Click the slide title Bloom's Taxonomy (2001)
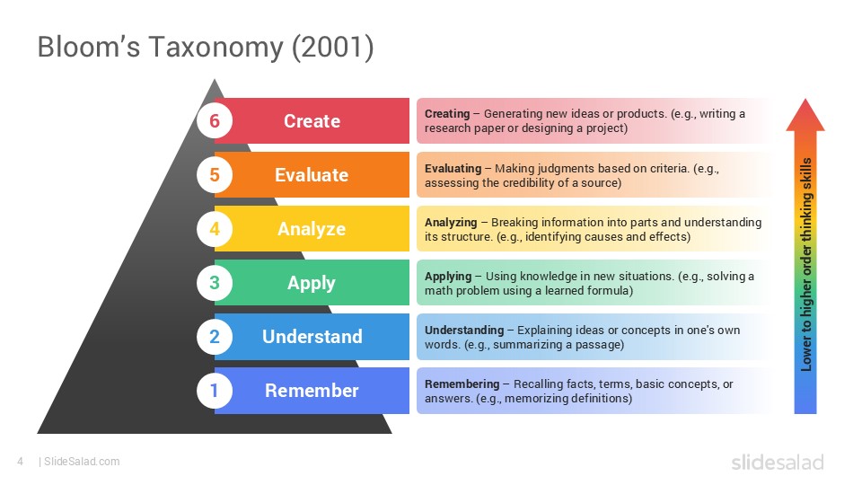[x=205, y=48]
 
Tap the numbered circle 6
[x=215, y=121]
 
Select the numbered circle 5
[x=215, y=175]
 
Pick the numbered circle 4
[x=215, y=229]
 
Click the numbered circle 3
[x=215, y=283]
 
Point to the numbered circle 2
[x=215, y=337]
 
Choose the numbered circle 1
[x=215, y=391]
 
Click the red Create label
[x=312, y=121]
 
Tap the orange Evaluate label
[x=312, y=175]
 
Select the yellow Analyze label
[x=312, y=229]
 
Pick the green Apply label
[x=312, y=283]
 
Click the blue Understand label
[x=312, y=337]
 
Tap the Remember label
[x=312, y=391]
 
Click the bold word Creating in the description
[x=447, y=114]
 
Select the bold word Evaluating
[x=453, y=168]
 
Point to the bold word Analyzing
[x=451, y=222]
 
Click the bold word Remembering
[x=462, y=384]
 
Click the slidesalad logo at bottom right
[x=777, y=463]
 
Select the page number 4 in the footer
[x=20, y=462]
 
